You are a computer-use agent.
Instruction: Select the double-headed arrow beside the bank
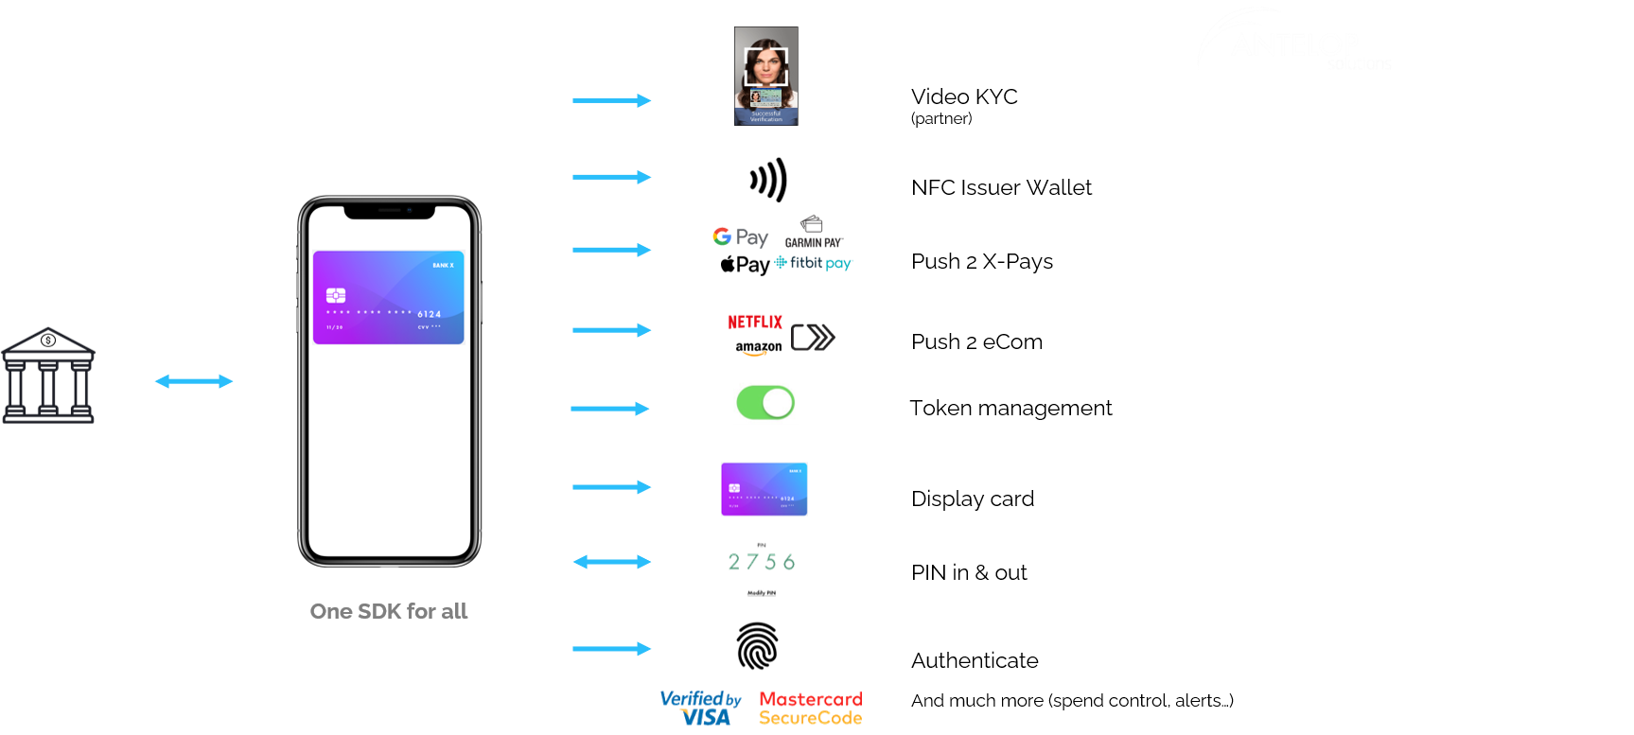point(194,381)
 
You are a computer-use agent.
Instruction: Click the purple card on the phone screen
point(389,297)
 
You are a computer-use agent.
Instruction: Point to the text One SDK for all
point(389,611)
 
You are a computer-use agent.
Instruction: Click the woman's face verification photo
point(766,76)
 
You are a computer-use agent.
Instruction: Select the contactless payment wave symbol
point(769,180)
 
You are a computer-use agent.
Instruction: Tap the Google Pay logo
point(740,236)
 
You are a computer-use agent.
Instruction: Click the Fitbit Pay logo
point(814,262)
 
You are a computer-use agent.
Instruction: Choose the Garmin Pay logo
point(814,232)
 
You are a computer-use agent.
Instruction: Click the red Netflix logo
point(755,322)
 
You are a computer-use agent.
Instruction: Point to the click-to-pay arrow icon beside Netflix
point(813,337)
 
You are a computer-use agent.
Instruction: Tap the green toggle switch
point(765,403)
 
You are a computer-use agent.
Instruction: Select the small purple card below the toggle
point(764,489)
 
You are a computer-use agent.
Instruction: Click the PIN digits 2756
point(762,562)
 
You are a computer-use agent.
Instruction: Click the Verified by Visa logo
point(701,708)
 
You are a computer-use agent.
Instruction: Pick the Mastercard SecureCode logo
point(811,708)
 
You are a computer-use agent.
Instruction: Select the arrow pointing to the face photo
point(612,100)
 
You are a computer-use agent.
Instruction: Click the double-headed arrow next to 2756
point(612,562)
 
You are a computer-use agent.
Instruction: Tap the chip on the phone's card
point(336,295)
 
